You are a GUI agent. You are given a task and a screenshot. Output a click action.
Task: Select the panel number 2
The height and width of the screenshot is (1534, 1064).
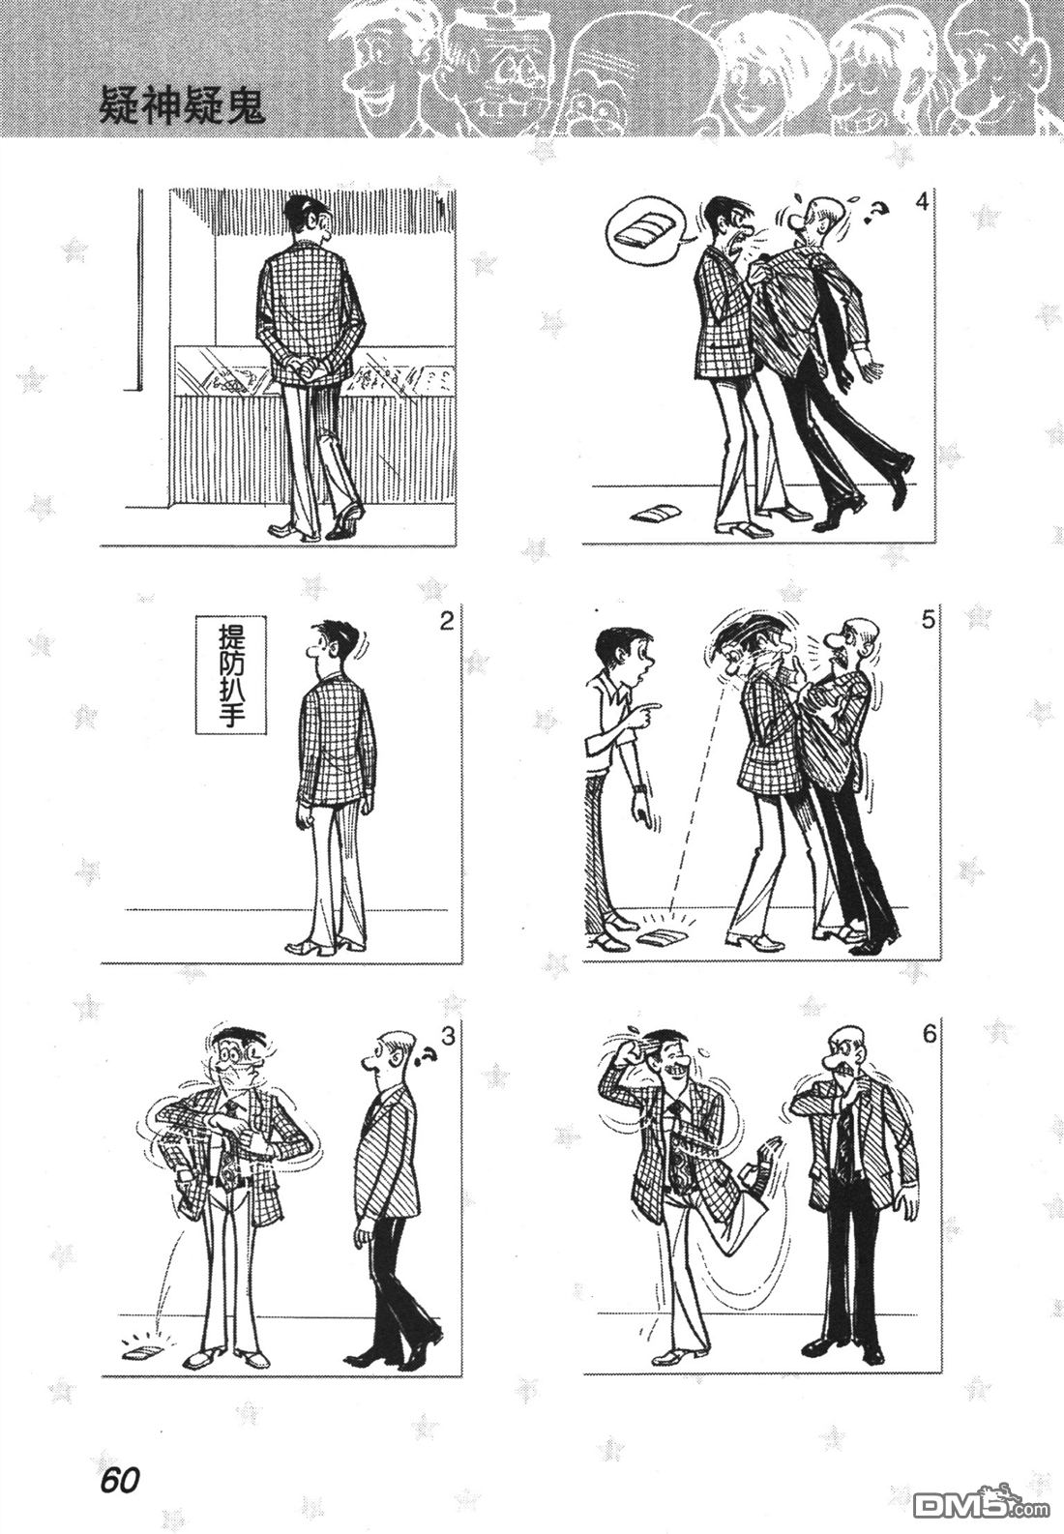pos(447,623)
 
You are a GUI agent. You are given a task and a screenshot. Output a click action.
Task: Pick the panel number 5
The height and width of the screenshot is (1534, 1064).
pos(929,620)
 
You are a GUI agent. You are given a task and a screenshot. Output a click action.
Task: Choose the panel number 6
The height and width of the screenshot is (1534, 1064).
pos(929,1033)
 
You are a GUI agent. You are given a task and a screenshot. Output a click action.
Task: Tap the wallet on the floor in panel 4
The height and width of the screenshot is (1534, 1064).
pos(653,513)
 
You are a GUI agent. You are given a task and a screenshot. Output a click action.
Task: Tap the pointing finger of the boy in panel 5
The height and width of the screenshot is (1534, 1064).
pos(648,705)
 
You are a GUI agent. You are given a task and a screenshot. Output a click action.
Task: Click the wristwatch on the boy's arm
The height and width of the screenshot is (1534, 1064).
pos(640,789)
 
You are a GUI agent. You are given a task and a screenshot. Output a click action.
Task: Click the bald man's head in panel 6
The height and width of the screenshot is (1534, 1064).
pos(847,1055)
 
